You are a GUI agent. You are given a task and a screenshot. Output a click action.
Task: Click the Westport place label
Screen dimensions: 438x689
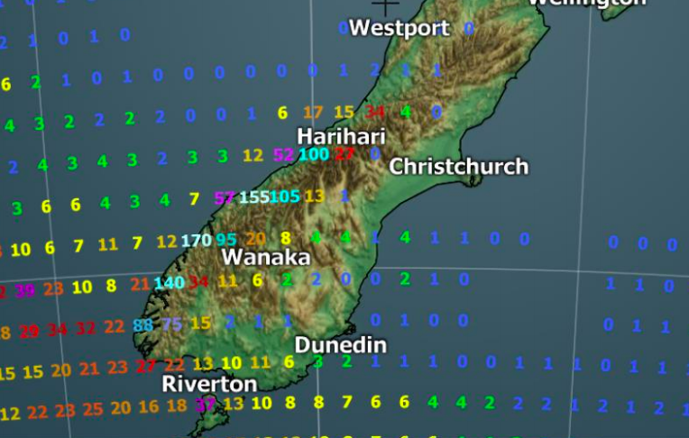(x=399, y=28)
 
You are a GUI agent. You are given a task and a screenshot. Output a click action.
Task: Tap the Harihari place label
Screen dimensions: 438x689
(x=341, y=136)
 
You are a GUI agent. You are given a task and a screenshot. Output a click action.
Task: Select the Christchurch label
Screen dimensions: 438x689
(x=458, y=167)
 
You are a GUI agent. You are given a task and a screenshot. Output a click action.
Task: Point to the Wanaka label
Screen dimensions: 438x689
(x=266, y=258)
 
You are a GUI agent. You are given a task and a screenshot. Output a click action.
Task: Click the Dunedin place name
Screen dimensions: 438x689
(x=340, y=345)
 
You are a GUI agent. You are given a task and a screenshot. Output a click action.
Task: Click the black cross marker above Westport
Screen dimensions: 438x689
(x=385, y=6)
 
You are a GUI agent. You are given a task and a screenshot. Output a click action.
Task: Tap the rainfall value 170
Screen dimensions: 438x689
(x=196, y=241)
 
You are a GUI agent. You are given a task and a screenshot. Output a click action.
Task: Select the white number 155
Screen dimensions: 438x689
(x=253, y=197)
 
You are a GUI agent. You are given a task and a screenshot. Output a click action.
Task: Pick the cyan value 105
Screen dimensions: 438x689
(x=284, y=196)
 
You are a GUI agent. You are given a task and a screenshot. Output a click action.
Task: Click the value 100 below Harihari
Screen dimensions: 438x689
(x=313, y=154)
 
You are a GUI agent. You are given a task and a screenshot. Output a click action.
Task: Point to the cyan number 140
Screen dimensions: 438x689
(x=169, y=283)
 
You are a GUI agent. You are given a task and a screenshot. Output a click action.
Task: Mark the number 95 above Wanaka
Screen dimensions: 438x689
(x=226, y=240)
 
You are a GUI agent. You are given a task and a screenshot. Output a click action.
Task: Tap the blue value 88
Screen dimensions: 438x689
(x=142, y=325)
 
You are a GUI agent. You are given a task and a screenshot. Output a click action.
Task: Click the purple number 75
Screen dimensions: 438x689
(x=171, y=324)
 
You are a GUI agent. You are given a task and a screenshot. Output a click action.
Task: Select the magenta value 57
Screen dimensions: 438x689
(x=225, y=197)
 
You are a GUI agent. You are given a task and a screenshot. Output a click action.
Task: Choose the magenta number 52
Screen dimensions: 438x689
(x=283, y=155)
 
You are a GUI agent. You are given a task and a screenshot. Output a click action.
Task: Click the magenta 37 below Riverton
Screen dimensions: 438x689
(x=206, y=405)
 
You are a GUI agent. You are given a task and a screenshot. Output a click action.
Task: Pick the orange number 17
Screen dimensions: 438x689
(x=313, y=113)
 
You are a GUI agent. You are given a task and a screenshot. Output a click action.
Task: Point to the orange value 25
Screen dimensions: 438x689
(x=93, y=409)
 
